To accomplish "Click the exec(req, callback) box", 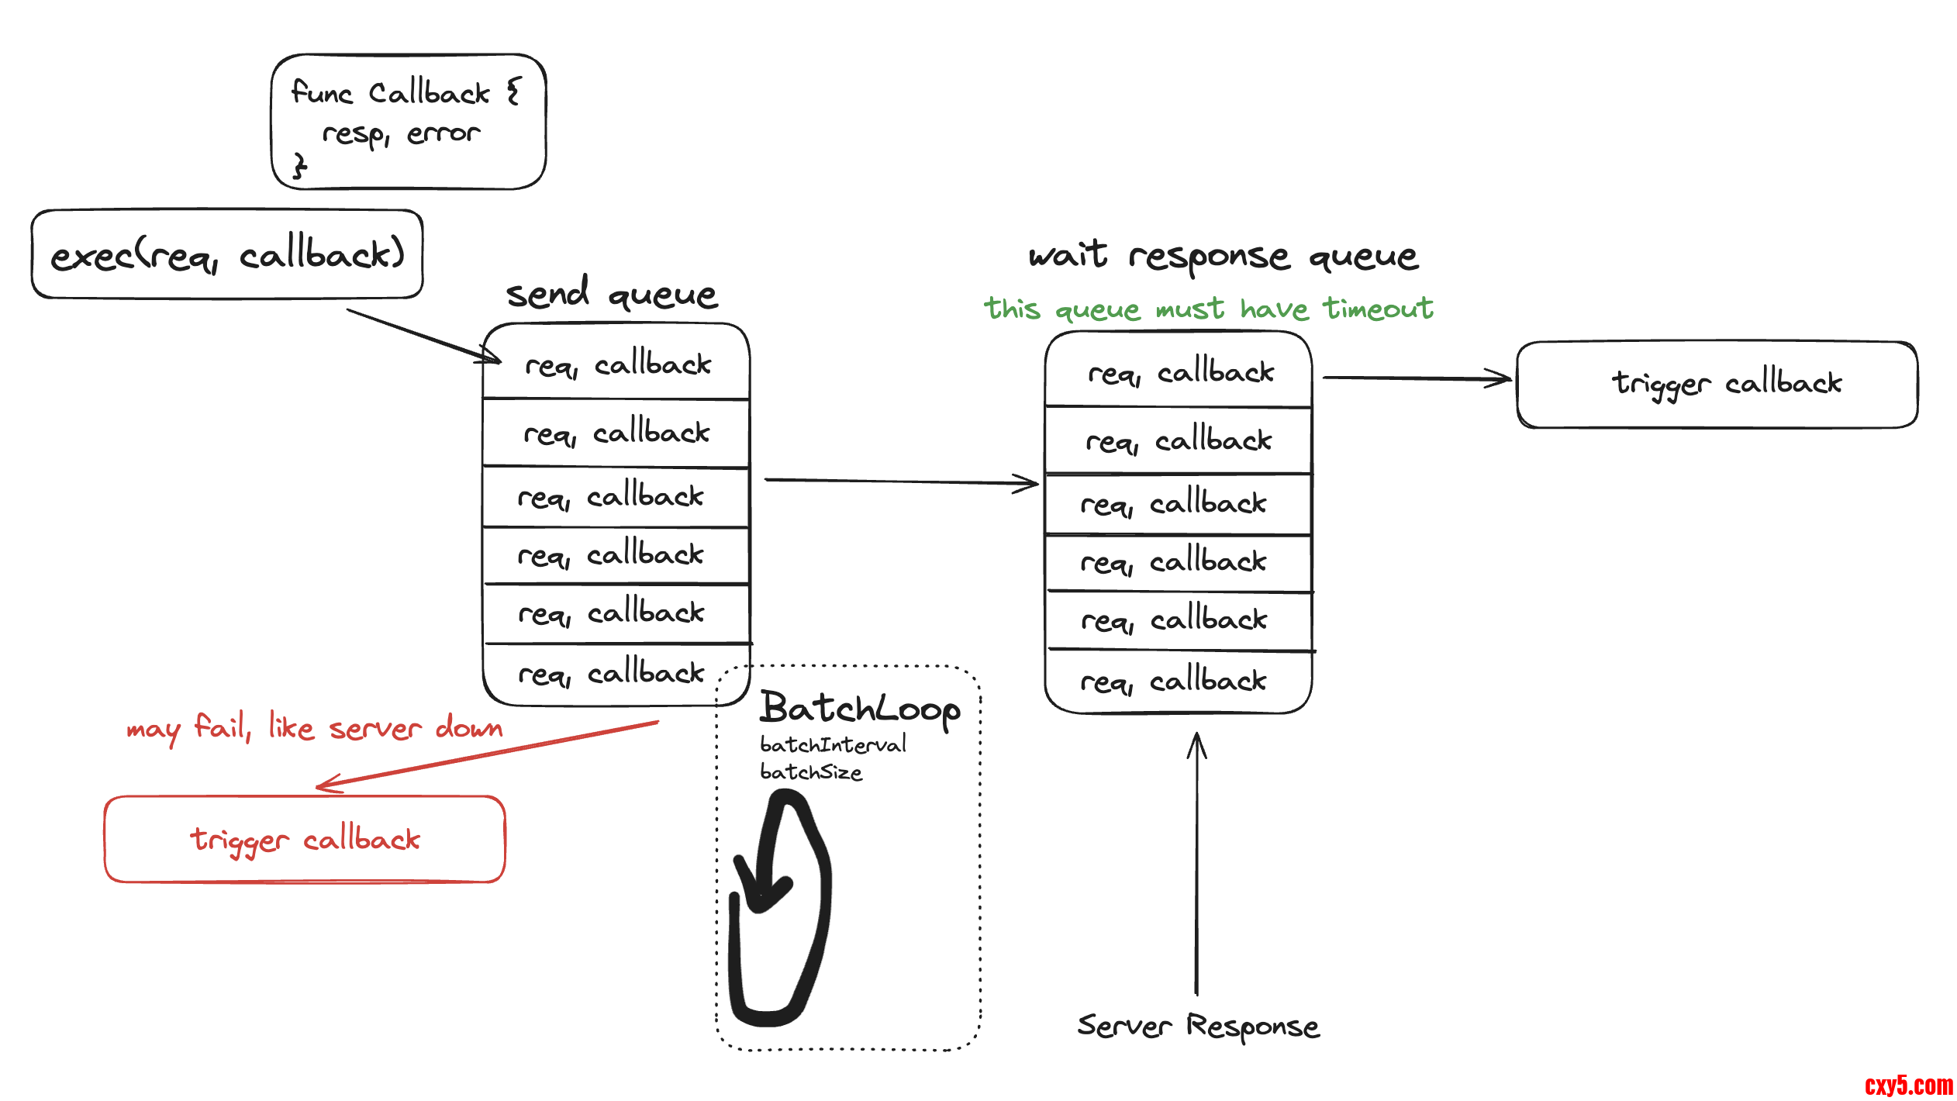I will [x=227, y=254].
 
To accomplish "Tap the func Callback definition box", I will [x=409, y=122].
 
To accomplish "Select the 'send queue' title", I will [x=612, y=294].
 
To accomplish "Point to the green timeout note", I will [x=1208, y=309].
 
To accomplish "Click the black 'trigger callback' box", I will [x=1717, y=385].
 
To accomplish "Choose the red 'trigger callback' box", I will [x=305, y=840].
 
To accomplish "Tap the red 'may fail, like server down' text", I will [x=314, y=728].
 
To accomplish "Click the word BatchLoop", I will [x=860, y=709].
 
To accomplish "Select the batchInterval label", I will [x=833, y=745].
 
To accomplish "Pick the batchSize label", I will [x=811, y=772].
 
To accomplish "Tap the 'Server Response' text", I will [x=1198, y=1026].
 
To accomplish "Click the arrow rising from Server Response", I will [x=1197, y=861].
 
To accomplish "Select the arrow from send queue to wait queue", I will [x=899, y=481].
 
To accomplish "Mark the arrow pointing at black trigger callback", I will [x=1416, y=378].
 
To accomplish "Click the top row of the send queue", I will [x=616, y=364].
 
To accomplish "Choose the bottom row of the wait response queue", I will [x=1178, y=682].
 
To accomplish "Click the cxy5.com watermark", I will [x=1909, y=1085].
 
